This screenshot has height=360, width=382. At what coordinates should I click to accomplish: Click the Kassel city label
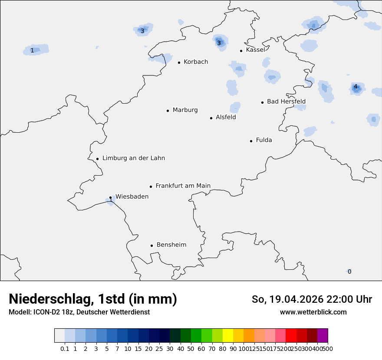pyautogui.click(x=255, y=50)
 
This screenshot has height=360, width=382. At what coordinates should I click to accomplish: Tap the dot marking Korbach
pyautogui.click(x=179, y=62)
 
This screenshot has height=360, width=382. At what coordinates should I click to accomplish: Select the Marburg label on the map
pyautogui.click(x=185, y=110)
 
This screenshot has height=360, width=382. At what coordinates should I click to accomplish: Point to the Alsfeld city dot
pyautogui.click(x=211, y=118)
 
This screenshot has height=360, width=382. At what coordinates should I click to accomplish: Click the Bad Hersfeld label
pyautogui.click(x=286, y=101)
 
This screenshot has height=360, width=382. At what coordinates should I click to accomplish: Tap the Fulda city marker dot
pyautogui.click(x=251, y=141)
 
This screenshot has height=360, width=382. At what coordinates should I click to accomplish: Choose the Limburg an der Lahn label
pyautogui.click(x=134, y=158)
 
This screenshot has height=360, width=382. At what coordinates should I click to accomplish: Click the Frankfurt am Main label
pyautogui.click(x=183, y=186)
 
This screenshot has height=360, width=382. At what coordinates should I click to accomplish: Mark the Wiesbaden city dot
pyautogui.click(x=111, y=198)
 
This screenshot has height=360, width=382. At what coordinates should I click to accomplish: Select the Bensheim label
pyautogui.click(x=171, y=245)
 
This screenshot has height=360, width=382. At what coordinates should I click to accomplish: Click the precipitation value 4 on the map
pyautogui.click(x=356, y=87)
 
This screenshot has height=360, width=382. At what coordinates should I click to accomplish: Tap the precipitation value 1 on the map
pyautogui.click(x=32, y=51)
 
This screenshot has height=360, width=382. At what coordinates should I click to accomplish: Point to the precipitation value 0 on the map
pyautogui.click(x=349, y=272)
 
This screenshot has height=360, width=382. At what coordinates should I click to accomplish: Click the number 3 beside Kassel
pyautogui.click(x=219, y=43)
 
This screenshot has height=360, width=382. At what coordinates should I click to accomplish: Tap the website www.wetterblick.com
pyautogui.click(x=313, y=312)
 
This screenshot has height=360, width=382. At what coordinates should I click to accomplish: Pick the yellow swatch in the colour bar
pyautogui.click(x=228, y=336)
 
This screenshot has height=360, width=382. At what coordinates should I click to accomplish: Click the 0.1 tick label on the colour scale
pyautogui.click(x=65, y=349)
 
